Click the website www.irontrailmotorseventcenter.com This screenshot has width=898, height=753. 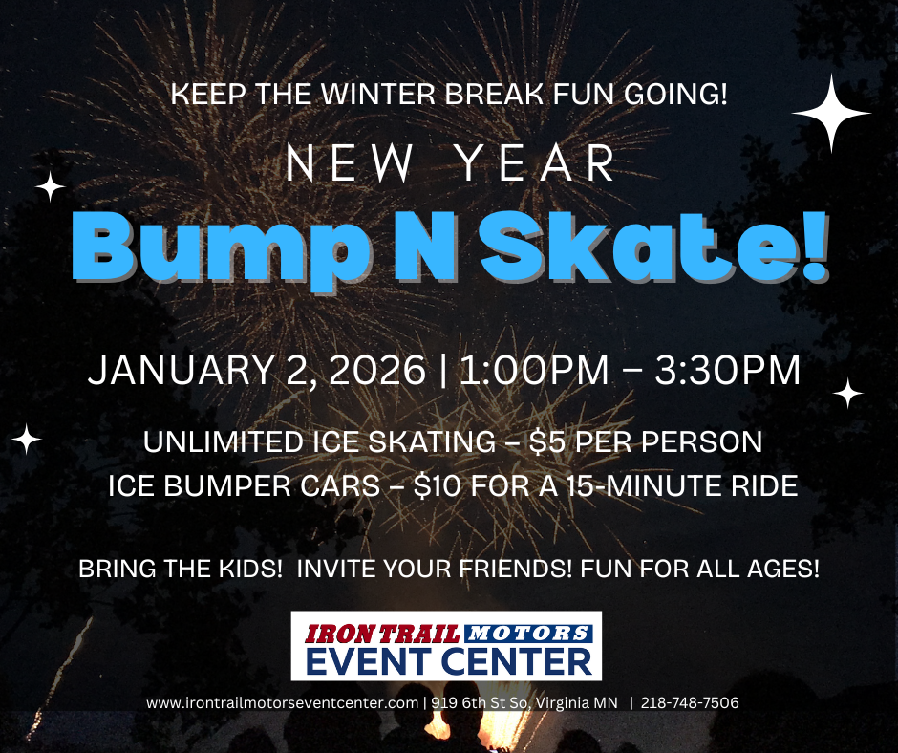pos(283,703)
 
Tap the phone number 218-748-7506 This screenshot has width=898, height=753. pos(690,703)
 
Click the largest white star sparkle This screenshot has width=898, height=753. pos(831,114)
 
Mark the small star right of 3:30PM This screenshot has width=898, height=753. pos(847,393)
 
